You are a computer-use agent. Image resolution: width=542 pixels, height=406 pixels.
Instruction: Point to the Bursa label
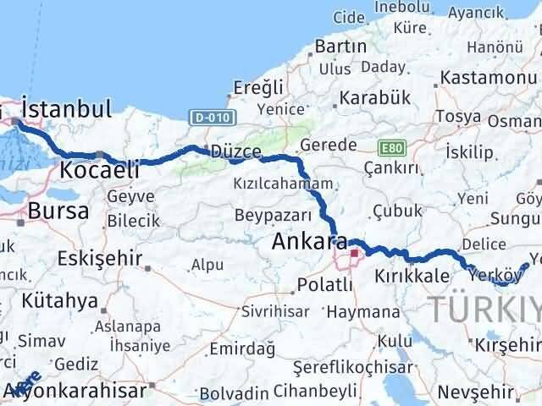pyautogui.click(x=58, y=211)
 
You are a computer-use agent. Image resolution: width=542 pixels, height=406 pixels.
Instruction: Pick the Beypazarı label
pyautogui.click(x=248, y=214)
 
